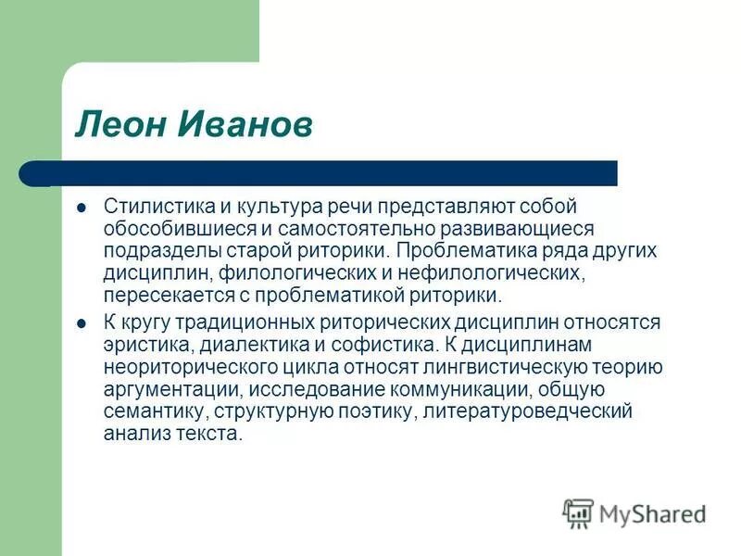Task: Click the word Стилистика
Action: (152, 206)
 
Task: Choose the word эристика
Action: (140, 345)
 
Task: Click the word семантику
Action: (147, 412)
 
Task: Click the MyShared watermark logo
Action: (635, 512)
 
